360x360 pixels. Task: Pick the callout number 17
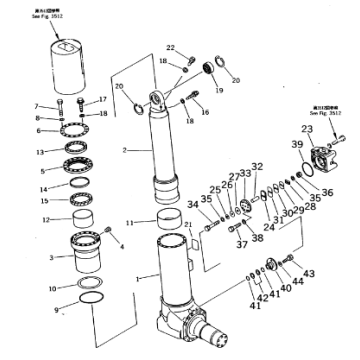click(x=103, y=99)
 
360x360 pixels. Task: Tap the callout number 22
click(x=170, y=48)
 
